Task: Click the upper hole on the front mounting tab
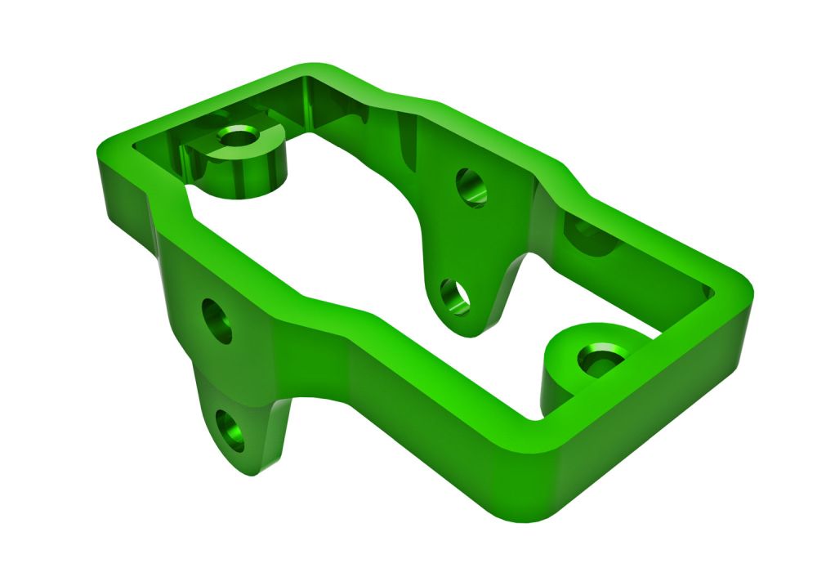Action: tap(217, 320)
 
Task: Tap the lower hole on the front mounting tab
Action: tap(230, 431)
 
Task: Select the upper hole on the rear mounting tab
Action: tap(471, 187)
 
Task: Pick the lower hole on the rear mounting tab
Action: tap(454, 297)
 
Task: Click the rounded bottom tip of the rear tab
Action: tap(466, 331)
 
